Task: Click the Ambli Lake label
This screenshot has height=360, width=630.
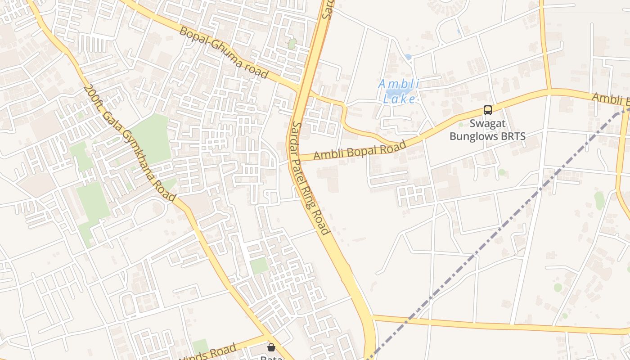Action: coord(399,91)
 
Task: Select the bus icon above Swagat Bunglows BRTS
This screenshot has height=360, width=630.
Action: coord(487,110)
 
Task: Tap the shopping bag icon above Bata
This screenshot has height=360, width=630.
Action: coord(271,347)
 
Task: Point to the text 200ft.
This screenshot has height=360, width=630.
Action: coord(90,95)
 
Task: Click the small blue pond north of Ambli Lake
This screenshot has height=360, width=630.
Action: coord(408,57)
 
